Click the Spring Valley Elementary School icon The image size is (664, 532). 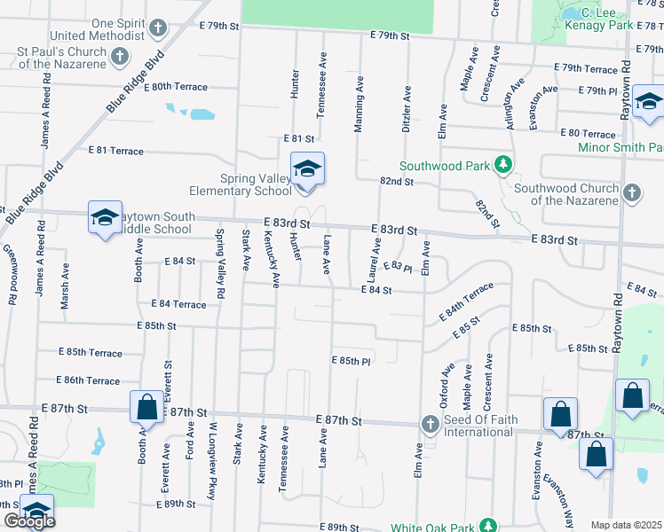click(307, 168)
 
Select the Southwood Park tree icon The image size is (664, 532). click(503, 165)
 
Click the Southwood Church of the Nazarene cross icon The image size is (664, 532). click(631, 192)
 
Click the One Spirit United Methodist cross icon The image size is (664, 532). click(157, 28)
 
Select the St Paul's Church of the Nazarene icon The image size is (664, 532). click(121, 57)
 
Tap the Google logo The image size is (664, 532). click(28, 522)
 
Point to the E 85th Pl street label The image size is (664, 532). click(351, 361)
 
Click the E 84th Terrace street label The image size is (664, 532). click(466, 303)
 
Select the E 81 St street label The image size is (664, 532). click(299, 139)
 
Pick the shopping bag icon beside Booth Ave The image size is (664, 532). click(146, 407)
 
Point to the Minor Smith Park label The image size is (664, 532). click(620, 147)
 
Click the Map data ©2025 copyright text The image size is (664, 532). click(627, 525)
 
